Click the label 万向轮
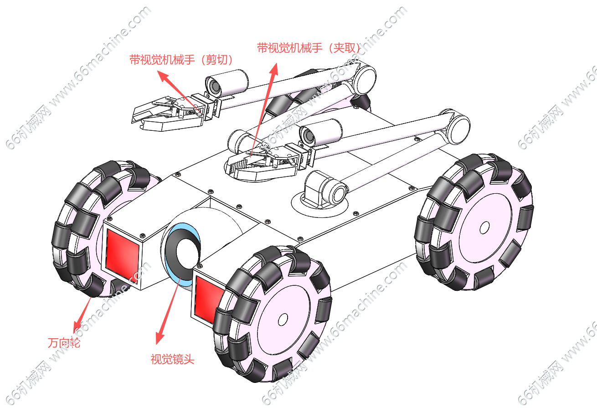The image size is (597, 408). click(x=64, y=342)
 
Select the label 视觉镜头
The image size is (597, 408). click(x=172, y=359)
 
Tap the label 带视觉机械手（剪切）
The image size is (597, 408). click(x=181, y=60)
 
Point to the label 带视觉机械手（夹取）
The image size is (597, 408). click(x=309, y=48)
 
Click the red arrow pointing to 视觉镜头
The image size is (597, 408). click(x=167, y=310)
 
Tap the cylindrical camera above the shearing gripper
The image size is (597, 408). click(x=226, y=83)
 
